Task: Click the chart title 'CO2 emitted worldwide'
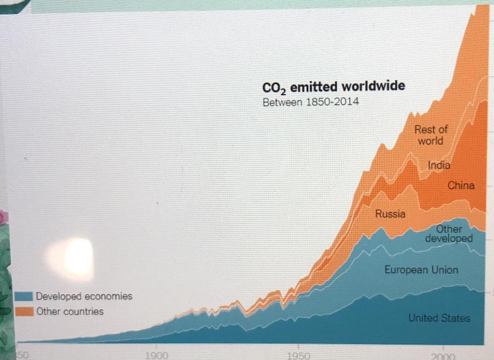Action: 333,87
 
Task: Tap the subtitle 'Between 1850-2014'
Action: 310,102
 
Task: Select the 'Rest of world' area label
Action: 431,135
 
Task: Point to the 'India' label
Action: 439,165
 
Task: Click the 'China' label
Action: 461,185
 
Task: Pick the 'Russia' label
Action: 390,214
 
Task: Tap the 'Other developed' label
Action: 449,233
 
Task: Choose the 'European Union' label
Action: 421,270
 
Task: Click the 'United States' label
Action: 439,318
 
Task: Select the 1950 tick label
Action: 298,355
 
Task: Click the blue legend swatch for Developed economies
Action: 24,296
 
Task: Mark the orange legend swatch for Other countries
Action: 24,311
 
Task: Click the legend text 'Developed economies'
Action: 84,296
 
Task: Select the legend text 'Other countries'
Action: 70,311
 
